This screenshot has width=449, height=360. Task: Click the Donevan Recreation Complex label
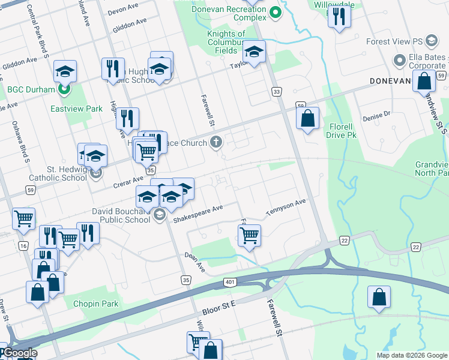point(229,13)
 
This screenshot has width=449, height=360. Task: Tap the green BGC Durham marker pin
point(65,90)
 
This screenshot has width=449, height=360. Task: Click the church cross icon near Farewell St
point(216,143)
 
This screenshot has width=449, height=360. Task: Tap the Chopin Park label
point(96,304)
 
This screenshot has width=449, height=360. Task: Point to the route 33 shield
point(276,91)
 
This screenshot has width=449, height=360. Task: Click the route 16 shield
point(23,246)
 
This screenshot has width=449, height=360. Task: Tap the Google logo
point(19,353)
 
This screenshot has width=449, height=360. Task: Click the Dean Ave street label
point(194,262)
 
